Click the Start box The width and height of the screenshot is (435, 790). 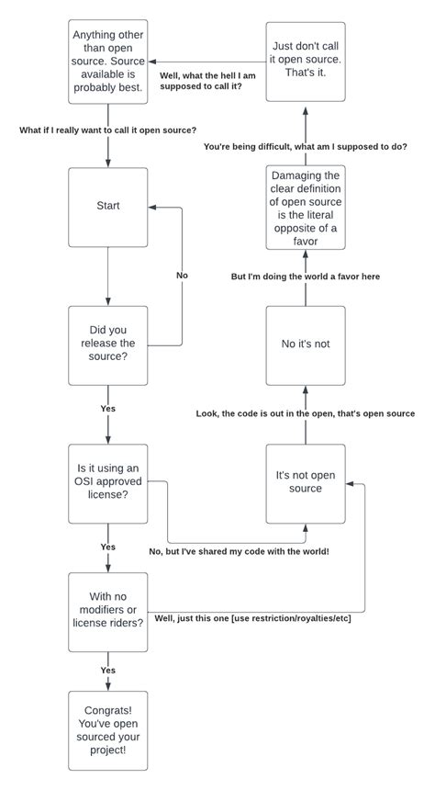pyautogui.click(x=108, y=207)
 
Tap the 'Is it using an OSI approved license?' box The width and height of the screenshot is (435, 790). pyautogui.click(x=108, y=482)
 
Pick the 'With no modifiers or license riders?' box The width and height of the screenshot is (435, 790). pyautogui.click(x=108, y=612)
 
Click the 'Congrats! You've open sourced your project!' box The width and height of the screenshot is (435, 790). pyautogui.click(x=108, y=730)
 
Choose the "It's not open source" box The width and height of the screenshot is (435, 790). pyautogui.click(x=306, y=482)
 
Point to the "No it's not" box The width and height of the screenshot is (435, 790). pyautogui.click(x=306, y=344)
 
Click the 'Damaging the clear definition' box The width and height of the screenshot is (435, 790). pyautogui.click(x=306, y=208)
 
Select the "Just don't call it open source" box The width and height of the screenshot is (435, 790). pyautogui.click(x=306, y=62)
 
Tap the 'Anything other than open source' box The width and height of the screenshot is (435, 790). pyautogui.click(x=108, y=62)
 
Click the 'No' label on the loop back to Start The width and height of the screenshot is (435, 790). pyautogui.click(x=182, y=275)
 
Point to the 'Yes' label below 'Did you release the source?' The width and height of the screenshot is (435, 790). pyautogui.click(x=108, y=407)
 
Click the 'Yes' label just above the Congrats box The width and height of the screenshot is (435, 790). pyautogui.click(x=108, y=671)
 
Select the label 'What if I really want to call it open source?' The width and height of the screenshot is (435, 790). pyautogui.click(x=108, y=130)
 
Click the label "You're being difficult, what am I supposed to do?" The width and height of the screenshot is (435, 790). pyautogui.click(x=306, y=147)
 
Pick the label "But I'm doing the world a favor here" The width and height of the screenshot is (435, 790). pyautogui.click(x=306, y=276)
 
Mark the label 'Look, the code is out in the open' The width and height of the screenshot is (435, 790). pyautogui.click(x=306, y=413)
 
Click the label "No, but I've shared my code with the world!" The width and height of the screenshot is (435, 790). pyautogui.click(x=239, y=551)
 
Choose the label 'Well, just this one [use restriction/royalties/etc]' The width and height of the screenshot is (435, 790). pyautogui.click(x=253, y=617)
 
